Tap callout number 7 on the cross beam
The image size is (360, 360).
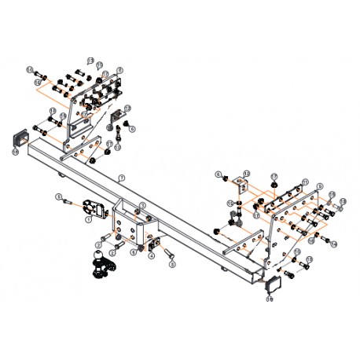click(120, 177)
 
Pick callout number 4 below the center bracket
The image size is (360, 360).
click(151, 255)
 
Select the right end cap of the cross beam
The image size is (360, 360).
click(273, 281)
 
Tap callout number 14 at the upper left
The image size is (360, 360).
click(28, 71)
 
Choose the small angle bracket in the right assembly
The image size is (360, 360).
click(241, 186)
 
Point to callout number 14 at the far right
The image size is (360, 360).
click(344, 202)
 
